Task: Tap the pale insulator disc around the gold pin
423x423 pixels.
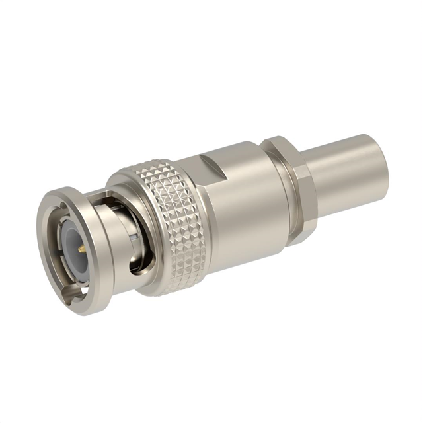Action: (x=73, y=243)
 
